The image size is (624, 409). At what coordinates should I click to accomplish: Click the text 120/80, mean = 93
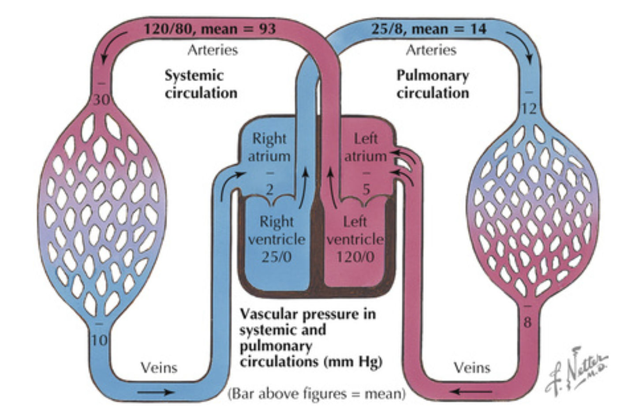tap(209, 29)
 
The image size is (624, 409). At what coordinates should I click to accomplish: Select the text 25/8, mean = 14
tap(429, 29)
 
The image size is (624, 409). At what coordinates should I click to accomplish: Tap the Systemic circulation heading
tap(201, 84)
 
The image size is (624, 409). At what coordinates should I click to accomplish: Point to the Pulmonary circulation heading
tap(432, 84)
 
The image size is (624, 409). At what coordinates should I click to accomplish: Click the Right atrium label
tap(269, 147)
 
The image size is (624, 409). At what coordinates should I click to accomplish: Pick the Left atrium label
tap(365, 147)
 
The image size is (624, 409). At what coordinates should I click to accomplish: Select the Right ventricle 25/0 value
tap(277, 257)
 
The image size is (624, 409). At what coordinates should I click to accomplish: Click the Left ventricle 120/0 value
tap(355, 257)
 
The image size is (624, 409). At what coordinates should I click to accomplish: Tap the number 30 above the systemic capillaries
tap(101, 100)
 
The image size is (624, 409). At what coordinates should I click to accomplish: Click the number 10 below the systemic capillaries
tap(100, 340)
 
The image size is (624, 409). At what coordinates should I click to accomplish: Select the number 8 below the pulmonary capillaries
tap(527, 322)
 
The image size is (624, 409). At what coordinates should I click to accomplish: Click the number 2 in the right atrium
tap(269, 190)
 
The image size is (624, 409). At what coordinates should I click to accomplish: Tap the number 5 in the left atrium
tap(366, 190)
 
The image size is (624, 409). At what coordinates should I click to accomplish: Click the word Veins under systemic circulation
tap(159, 368)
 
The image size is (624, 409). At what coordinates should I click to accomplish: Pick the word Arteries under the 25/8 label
tap(431, 50)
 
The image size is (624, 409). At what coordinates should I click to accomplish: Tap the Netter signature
tap(575, 372)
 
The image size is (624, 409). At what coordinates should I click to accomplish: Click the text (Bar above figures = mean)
tap(316, 393)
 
